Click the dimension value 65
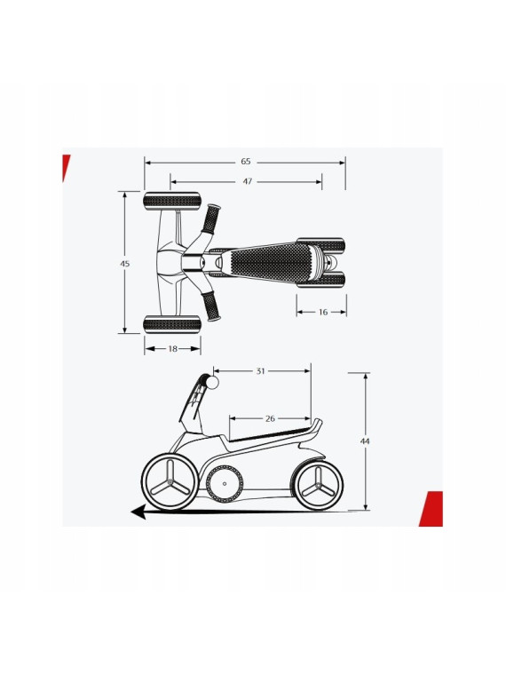tap(246, 162)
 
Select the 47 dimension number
tap(247, 181)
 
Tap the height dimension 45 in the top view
tap(125, 264)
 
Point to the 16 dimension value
tap(323, 312)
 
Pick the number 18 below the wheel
tap(172, 349)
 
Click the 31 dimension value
tap(260, 371)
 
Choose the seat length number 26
tap(270, 418)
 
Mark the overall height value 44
tap(365, 441)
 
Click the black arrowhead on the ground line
tap(138, 512)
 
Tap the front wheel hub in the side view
tap(170, 481)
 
